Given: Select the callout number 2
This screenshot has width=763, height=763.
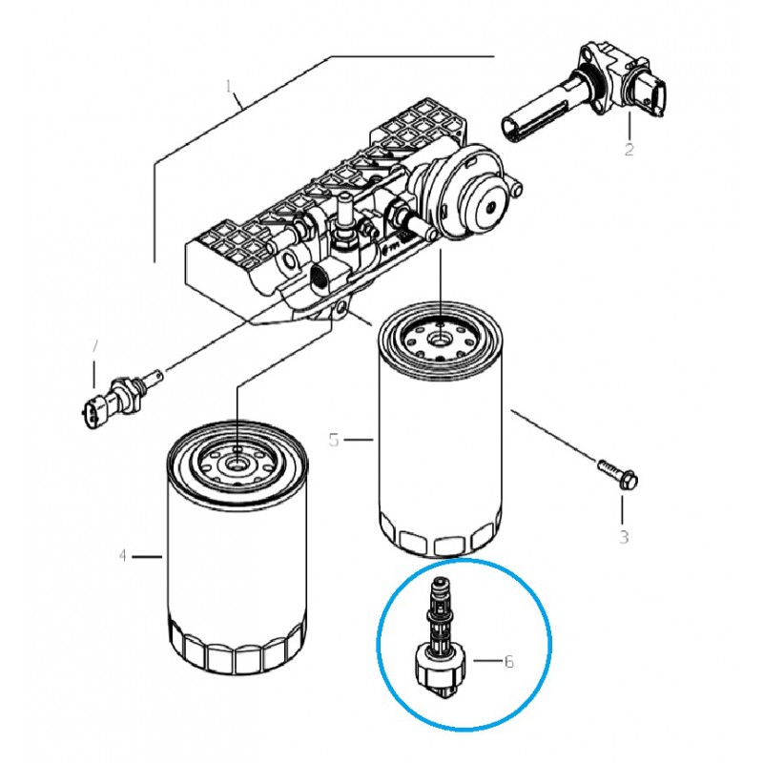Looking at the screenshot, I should point(629,149).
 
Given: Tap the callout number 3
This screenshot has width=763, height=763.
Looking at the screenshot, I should point(623,537).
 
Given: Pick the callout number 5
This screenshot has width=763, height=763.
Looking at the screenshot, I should point(334,440).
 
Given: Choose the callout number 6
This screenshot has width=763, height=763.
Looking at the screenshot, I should point(509,660).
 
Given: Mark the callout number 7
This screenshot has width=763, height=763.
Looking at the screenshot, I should point(93,346).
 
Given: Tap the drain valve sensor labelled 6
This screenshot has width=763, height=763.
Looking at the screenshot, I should point(441,639).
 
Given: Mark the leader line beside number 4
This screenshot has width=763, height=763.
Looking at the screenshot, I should point(147,556).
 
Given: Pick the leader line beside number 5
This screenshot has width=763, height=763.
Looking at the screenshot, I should point(358,440).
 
